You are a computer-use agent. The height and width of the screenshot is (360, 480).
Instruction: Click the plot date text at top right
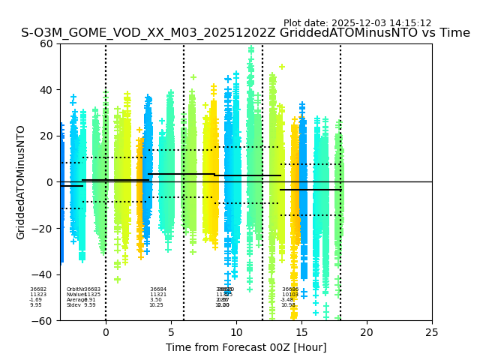[357, 23]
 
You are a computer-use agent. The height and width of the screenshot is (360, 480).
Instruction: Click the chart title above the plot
[245, 33]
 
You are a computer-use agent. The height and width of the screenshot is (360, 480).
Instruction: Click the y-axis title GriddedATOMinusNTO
[21, 182]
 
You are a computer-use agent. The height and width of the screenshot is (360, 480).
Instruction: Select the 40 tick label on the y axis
[47, 90]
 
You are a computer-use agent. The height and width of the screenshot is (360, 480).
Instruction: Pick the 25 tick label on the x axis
[432, 332]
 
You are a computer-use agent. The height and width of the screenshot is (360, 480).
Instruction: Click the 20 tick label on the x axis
[367, 332]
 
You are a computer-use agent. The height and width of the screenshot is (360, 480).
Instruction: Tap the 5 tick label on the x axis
[171, 332]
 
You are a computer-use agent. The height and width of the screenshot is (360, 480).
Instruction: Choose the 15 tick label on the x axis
[301, 332]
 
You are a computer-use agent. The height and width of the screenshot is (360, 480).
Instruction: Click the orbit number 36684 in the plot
[158, 289]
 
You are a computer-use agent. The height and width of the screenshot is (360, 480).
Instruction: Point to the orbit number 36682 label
[38, 289]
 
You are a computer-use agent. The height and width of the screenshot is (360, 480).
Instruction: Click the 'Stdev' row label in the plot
[73, 305]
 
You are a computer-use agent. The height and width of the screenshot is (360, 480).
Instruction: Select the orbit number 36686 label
[290, 289]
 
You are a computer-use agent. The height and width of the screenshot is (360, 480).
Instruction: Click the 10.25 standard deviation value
[156, 305]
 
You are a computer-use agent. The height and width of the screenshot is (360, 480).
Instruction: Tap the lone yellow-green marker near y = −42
[117, 280]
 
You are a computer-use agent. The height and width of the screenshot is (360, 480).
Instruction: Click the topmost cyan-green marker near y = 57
[251, 49]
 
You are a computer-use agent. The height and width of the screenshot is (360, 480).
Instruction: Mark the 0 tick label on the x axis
[106, 332]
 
